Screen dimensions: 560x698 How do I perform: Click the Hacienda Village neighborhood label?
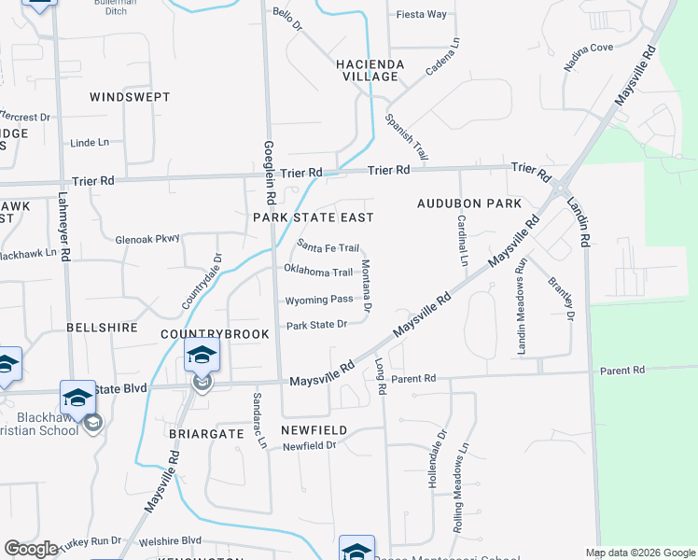click(x=370, y=70)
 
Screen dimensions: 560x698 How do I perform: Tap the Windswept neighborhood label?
click(x=130, y=97)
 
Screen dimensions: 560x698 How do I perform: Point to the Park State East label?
click(x=314, y=217)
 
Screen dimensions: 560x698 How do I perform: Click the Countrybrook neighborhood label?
click(x=215, y=333)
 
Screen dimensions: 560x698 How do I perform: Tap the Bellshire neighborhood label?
click(x=102, y=329)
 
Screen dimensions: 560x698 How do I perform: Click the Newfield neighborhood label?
click(x=314, y=430)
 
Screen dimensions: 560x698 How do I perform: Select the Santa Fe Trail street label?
click(x=328, y=247)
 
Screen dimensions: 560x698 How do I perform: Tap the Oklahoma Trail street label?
click(x=319, y=272)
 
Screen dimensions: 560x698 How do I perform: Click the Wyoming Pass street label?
click(x=318, y=300)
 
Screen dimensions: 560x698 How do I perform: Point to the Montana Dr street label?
click(x=367, y=286)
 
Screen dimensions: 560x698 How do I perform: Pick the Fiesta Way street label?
click(x=422, y=15)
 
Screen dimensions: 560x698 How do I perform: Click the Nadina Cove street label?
click(x=588, y=58)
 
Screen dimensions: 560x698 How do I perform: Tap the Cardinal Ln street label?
click(x=462, y=240)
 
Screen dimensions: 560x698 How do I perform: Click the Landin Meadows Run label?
click(x=523, y=305)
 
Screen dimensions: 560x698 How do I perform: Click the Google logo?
click(x=31, y=549)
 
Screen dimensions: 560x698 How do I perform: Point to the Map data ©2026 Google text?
click(x=639, y=553)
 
